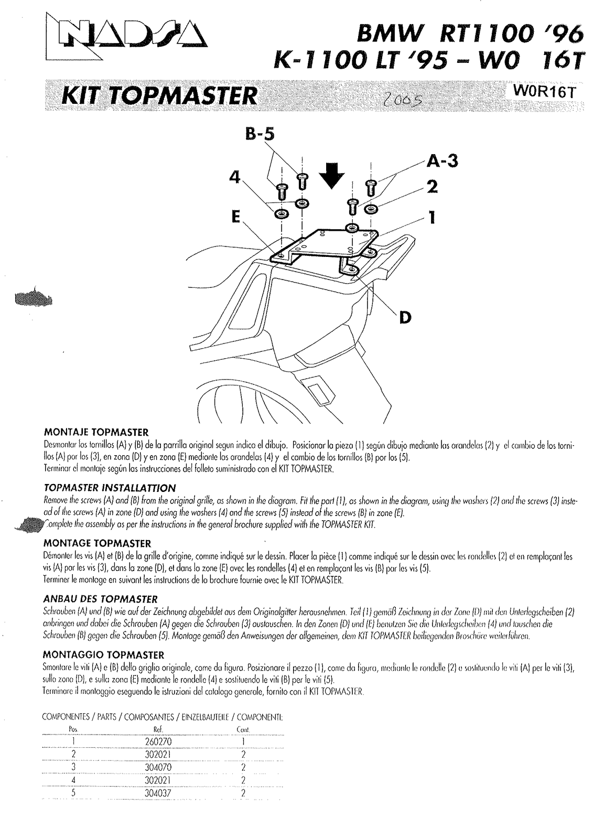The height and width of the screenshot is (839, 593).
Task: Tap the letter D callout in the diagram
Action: pyautogui.click(x=405, y=317)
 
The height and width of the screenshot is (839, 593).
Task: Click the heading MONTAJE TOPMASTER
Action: pyautogui.click(x=95, y=433)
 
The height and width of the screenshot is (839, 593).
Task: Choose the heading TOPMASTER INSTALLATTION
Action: pyautogui.click(x=109, y=488)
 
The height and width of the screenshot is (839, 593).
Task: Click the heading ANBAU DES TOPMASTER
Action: pyautogui.click(x=100, y=599)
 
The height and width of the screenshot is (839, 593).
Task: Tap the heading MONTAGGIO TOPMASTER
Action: pyautogui.click(x=103, y=654)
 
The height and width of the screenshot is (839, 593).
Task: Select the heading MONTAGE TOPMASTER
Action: pyautogui.click(x=96, y=543)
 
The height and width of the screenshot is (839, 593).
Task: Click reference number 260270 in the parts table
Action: pyautogui.click(x=158, y=741)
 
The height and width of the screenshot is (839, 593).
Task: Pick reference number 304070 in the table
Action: pyautogui.click(x=158, y=767)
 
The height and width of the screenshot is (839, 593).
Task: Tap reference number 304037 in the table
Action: pyautogui.click(x=158, y=793)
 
